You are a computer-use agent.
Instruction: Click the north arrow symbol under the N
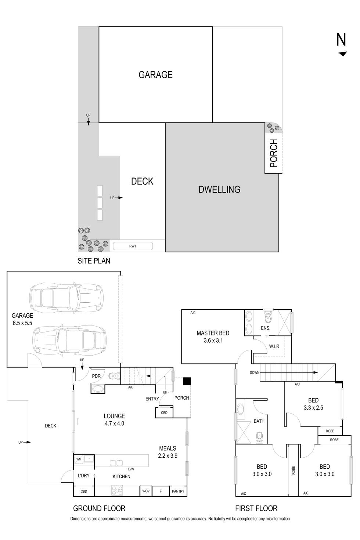(343, 54)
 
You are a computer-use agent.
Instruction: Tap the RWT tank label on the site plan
(133, 246)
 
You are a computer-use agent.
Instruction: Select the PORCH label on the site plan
(274, 154)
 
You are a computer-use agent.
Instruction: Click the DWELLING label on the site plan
(219, 190)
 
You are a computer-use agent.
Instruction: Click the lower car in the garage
(70, 340)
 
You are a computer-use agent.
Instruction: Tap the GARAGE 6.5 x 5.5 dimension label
(22, 319)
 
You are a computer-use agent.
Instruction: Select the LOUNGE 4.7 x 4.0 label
(114, 420)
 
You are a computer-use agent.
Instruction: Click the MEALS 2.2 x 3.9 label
(168, 452)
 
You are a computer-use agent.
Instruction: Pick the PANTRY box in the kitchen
(178, 491)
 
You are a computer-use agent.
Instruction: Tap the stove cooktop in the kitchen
(117, 491)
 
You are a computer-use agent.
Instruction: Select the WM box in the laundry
(79, 459)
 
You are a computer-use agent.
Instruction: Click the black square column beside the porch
(187, 381)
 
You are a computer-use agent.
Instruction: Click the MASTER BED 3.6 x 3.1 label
(213, 336)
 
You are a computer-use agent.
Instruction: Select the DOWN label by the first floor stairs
(255, 372)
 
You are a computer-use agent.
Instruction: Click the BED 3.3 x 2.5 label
(313, 404)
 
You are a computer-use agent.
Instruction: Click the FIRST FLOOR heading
(256, 508)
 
